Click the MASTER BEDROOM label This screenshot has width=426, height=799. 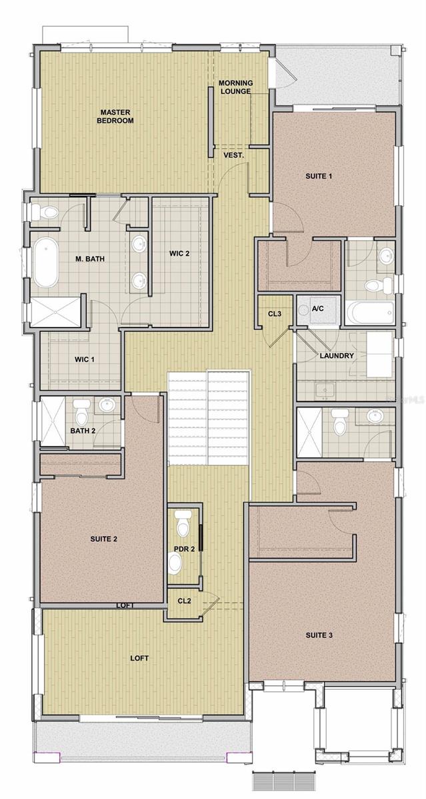(115, 117)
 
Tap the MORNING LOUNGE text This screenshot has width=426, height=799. (236, 87)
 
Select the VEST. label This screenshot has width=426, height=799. (233, 155)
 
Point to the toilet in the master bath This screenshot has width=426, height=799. (45, 212)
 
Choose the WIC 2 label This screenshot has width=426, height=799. (179, 253)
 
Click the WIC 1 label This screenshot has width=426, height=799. (85, 359)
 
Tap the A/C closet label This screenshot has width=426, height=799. (318, 308)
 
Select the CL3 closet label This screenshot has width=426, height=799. (275, 314)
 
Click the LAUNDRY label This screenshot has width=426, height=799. (337, 356)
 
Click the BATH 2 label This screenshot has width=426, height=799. (83, 431)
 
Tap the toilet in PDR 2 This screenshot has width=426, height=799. (184, 523)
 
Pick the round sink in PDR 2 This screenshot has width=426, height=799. (175, 563)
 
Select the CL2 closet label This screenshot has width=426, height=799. (184, 601)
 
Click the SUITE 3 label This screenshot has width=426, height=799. (319, 635)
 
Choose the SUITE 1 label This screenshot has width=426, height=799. (319, 176)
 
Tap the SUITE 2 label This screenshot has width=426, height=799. (103, 539)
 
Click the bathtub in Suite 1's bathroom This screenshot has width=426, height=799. (370, 312)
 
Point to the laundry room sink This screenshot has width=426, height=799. (324, 390)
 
